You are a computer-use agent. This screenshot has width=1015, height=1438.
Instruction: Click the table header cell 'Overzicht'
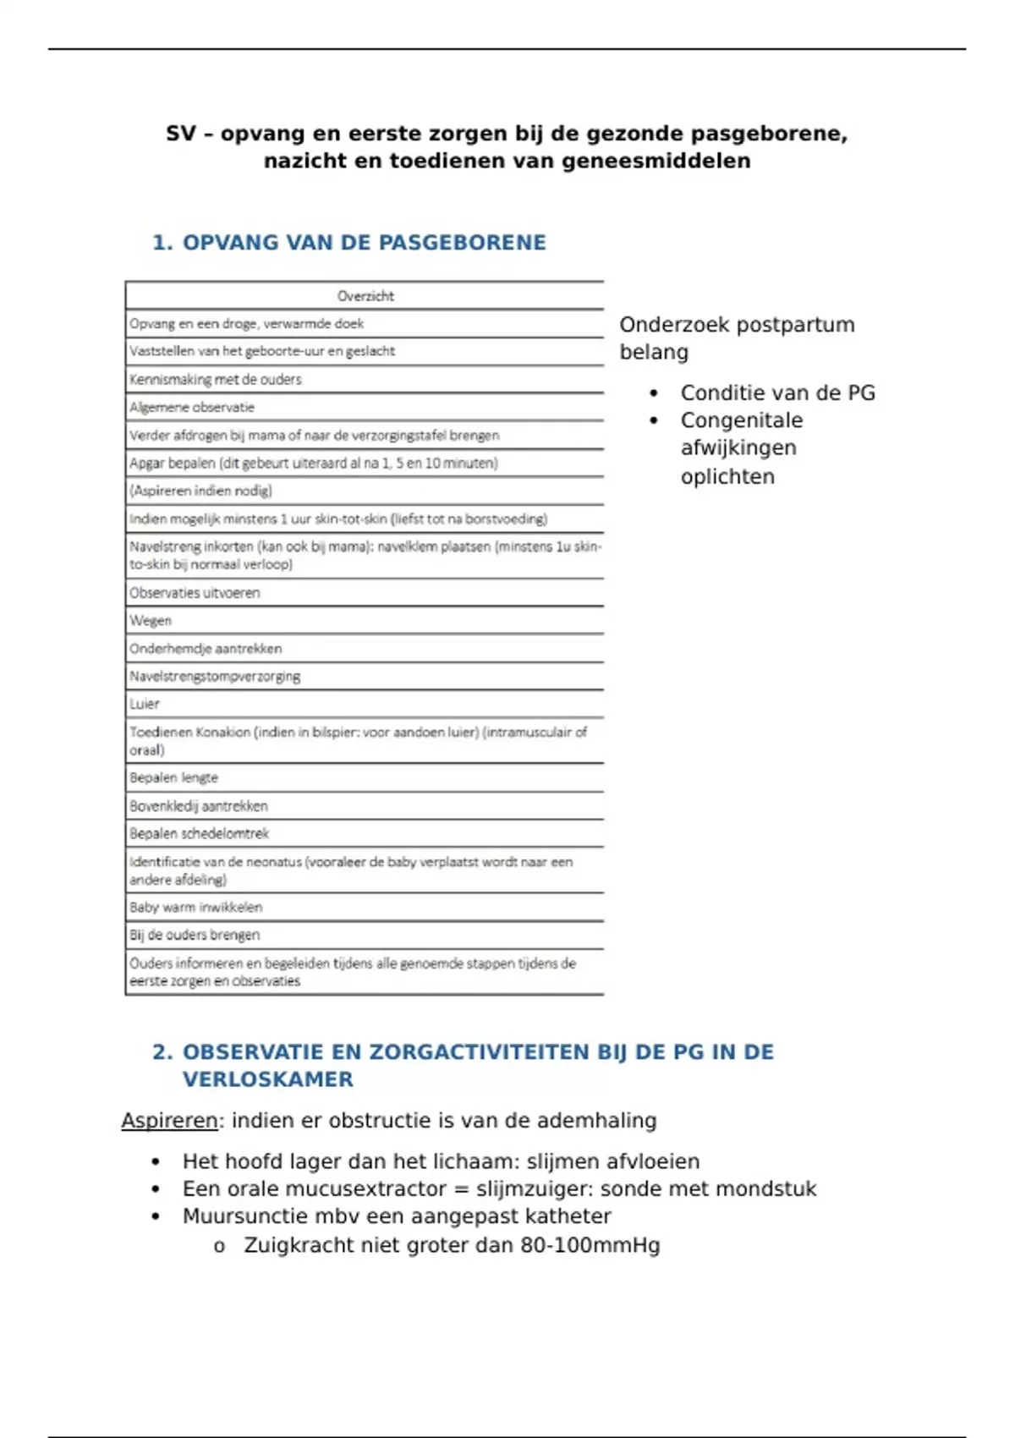[x=365, y=296]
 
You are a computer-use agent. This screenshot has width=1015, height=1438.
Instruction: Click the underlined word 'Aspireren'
[x=170, y=1121]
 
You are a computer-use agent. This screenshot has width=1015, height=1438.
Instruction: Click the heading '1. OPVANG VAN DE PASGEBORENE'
[x=348, y=243]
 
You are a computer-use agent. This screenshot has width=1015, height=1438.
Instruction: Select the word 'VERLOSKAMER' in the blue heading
[x=267, y=1079]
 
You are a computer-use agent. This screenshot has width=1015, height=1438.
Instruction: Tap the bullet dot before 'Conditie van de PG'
[x=654, y=393]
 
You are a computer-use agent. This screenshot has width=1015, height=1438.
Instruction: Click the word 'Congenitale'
[x=741, y=420]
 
